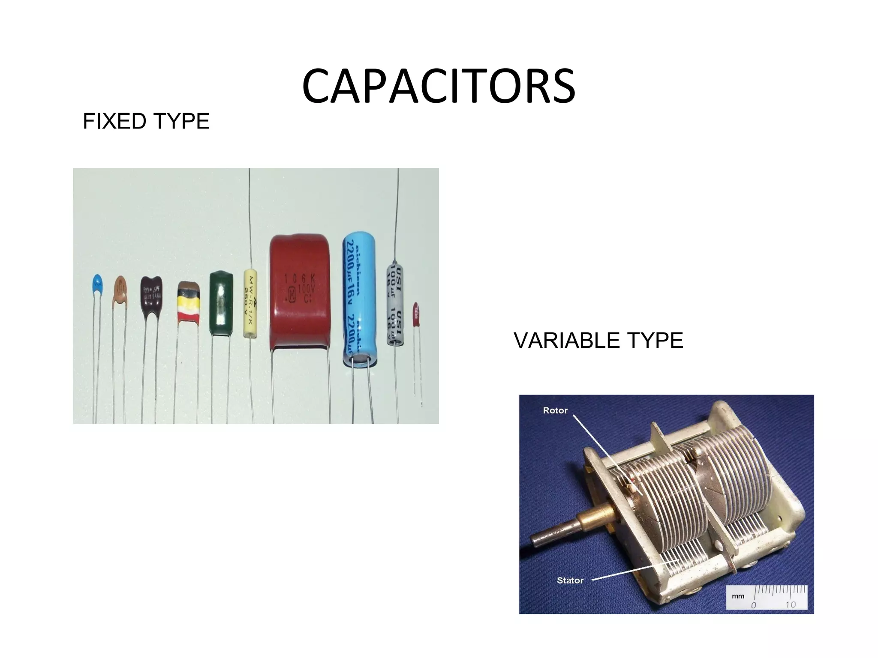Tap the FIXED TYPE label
(146, 121)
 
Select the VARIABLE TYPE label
(598, 341)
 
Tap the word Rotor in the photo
(555, 410)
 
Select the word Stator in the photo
(570, 580)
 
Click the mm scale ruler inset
(767, 597)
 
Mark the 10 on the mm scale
(791, 604)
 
